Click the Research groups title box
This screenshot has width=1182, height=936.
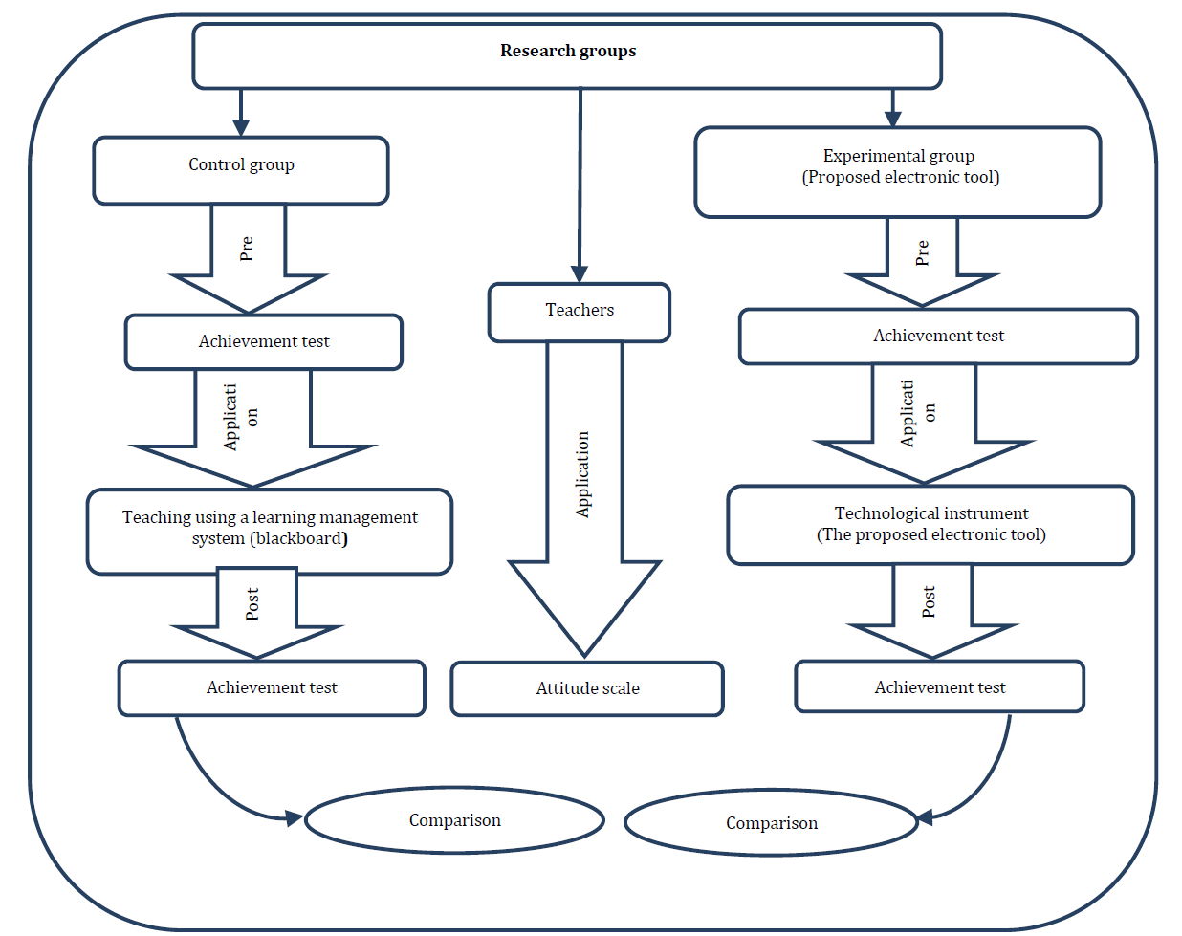567,55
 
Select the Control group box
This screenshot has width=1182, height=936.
241,170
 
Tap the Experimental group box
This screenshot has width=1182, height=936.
898,172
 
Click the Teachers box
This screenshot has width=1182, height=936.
580,313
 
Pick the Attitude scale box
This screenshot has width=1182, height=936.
587,688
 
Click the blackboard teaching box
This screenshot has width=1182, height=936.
270,532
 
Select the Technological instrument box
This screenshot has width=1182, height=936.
931,525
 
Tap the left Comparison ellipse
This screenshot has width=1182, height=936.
455,820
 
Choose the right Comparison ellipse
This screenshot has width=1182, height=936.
771,823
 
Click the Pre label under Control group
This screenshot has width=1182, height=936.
246,249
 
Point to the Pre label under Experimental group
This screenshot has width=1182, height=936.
922,252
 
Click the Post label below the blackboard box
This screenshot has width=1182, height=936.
252,604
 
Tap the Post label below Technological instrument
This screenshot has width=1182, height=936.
929,602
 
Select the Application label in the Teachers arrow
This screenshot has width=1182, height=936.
582,474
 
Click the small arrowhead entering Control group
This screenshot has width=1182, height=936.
241,127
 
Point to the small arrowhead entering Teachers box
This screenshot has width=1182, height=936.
580,274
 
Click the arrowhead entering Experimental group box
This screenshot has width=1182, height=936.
892,119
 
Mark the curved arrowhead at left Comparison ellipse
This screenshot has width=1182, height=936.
295,818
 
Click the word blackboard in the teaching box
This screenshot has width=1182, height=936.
299,539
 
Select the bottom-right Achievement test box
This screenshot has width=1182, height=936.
940,686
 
